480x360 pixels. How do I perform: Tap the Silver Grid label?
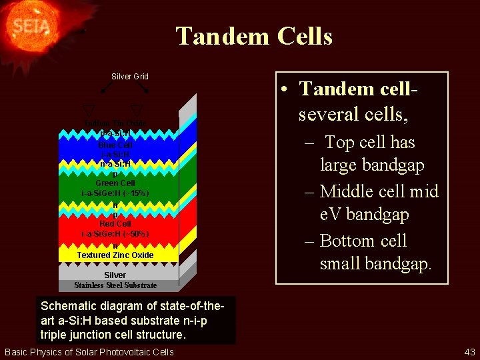(129, 77)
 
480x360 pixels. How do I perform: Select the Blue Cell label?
(115, 145)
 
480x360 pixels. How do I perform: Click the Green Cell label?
(115, 183)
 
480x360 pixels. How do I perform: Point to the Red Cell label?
(115, 224)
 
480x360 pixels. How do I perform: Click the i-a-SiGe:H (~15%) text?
(115, 193)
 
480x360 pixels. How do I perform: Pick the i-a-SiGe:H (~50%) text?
(115, 234)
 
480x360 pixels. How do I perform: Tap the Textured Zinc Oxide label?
(115, 255)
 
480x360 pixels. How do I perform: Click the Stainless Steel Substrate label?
(115, 285)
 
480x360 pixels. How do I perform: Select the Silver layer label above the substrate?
(115, 275)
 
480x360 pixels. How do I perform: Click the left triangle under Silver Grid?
(89, 111)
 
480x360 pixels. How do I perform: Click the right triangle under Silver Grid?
(136, 111)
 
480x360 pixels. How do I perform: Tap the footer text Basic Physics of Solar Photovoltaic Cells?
(89, 352)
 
